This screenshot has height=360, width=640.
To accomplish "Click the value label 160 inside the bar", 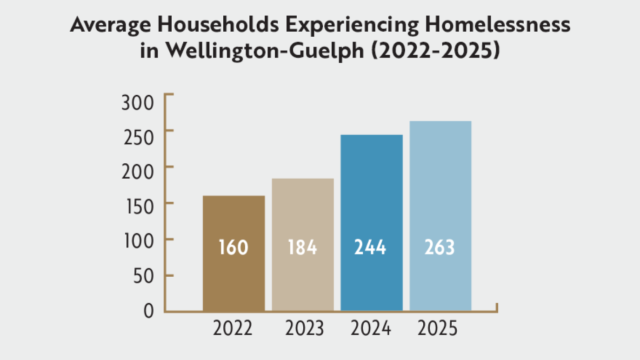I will point(233,248).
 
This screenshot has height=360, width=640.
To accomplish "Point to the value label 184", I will point(302,248).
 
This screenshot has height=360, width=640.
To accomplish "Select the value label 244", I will point(370,248).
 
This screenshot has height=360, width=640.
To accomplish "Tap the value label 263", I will point(440,248).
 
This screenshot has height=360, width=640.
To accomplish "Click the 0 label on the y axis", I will point(148,311).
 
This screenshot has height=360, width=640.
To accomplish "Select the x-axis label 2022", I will point(233,328).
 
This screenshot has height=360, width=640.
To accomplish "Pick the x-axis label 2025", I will point(437,328).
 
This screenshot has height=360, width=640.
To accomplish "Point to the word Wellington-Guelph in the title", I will point(253,51).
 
